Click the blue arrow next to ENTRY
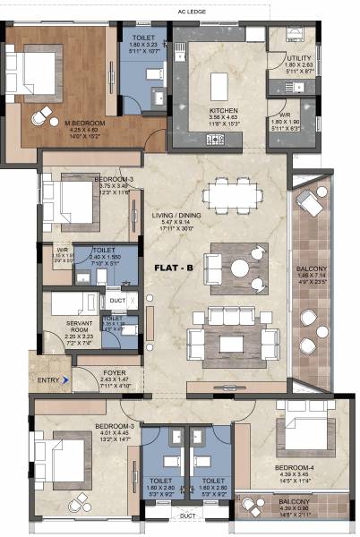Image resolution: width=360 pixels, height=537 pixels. coord(65,379)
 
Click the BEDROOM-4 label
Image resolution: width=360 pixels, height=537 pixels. coord(293,467)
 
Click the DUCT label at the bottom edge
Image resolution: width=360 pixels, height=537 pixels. coord(186,516)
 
